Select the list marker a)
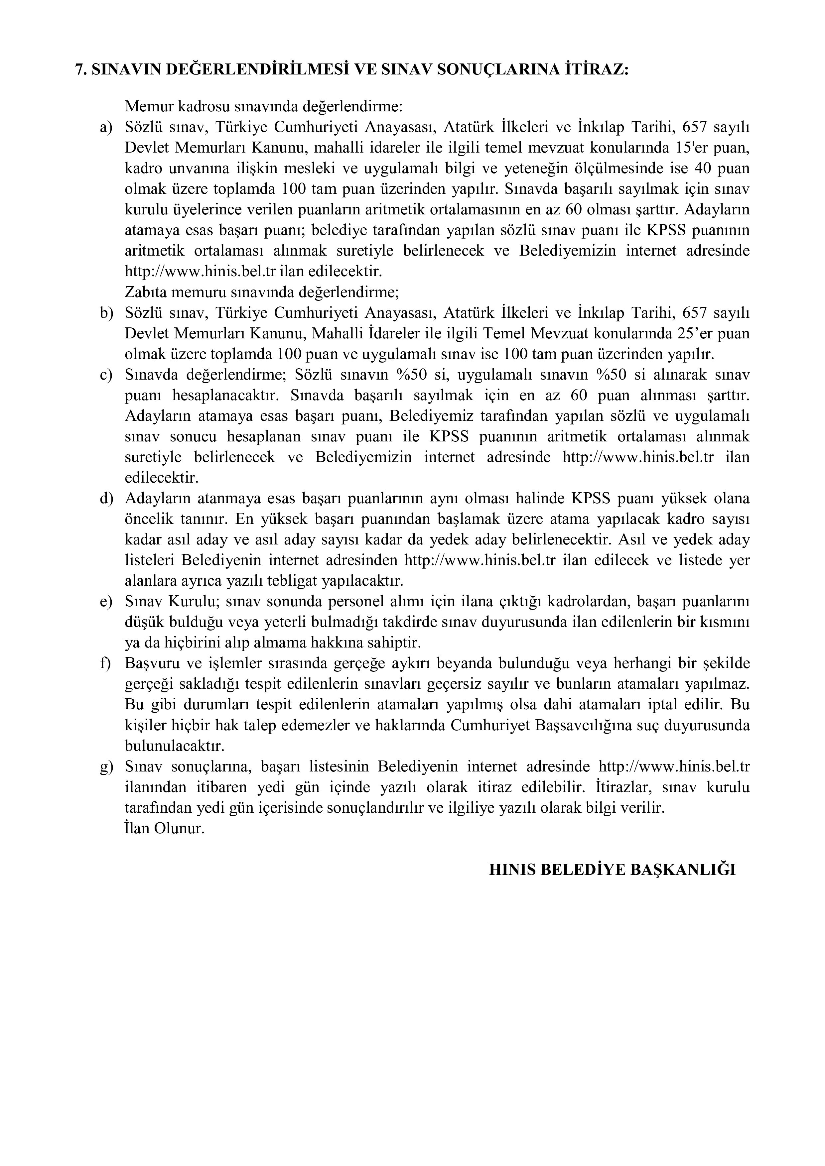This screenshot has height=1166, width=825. (106, 127)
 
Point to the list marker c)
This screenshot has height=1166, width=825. (106, 375)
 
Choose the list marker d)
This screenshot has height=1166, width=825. (106, 499)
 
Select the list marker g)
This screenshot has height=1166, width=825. (106, 767)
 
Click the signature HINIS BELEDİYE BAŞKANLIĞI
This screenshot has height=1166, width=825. (612, 870)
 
